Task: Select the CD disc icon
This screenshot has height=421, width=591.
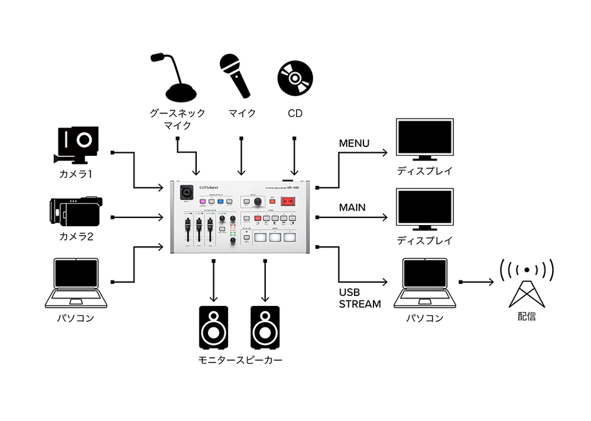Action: click(295, 78)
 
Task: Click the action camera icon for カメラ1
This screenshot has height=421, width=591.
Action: click(78, 145)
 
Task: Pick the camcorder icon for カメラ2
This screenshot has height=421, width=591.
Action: click(76, 212)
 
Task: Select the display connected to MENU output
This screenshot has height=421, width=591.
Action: click(424, 139)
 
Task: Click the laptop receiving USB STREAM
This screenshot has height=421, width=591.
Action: click(424, 283)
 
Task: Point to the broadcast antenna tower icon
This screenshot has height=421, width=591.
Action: click(526, 282)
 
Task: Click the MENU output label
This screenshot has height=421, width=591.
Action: click(354, 143)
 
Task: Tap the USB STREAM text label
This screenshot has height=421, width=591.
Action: click(360, 298)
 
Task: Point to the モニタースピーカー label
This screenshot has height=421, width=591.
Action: click(240, 360)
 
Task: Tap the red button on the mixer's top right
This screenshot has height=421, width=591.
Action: click(288, 201)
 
